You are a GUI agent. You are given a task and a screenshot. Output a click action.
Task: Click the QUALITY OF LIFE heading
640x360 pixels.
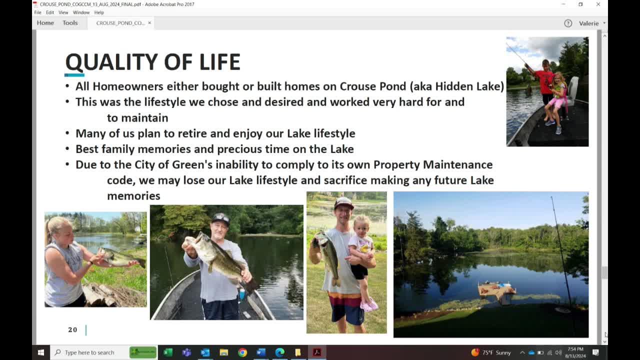point(152,62)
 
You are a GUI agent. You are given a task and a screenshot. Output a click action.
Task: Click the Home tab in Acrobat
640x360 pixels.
point(45,23)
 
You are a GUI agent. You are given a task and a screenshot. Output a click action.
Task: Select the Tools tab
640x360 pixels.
point(70,23)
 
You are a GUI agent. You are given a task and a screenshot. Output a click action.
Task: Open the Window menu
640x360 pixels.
point(81,12)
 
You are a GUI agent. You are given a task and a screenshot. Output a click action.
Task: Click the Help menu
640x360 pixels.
point(99,12)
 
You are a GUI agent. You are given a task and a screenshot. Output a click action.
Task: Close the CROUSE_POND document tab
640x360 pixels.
point(149,23)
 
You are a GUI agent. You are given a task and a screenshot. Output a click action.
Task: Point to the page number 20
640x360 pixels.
point(72,329)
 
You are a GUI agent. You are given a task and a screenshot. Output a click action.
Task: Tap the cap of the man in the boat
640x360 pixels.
point(220,218)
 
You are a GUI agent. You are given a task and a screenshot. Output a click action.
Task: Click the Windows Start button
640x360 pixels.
point(41,352)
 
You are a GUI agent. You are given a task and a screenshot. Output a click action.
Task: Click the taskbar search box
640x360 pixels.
point(90,352)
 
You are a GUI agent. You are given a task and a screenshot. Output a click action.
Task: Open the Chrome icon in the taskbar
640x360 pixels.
point(242,352)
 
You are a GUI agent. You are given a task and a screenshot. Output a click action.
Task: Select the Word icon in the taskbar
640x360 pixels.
point(261,352)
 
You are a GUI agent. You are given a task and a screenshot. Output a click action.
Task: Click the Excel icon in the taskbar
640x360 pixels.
point(168,352)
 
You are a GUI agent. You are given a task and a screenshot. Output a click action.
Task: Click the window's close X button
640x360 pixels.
point(598,4)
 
